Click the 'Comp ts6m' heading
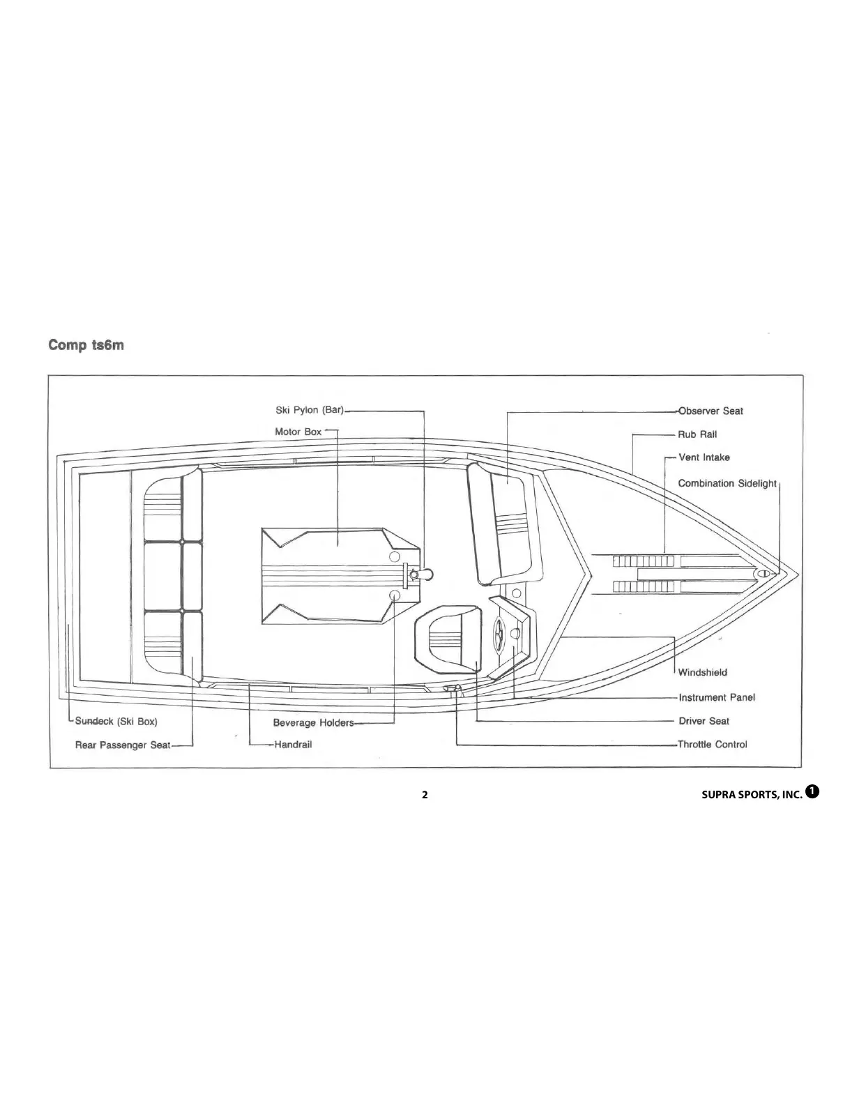[x=86, y=345]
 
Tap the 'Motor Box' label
[x=298, y=432]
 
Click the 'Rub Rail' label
[x=697, y=434]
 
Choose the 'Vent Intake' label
[x=704, y=457]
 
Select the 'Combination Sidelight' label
[x=727, y=483]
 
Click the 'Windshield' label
[x=703, y=672]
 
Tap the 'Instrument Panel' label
[x=717, y=697]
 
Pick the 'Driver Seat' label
[x=704, y=721]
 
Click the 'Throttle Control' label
[x=712, y=745]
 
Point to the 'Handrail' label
[x=294, y=745]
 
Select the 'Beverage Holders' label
[x=313, y=723]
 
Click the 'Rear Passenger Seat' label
[x=123, y=745]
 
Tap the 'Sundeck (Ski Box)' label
[x=116, y=722]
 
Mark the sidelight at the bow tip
[x=762, y=573]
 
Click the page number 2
[x=425, y=795]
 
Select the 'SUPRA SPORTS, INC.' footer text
[x=752, y=795]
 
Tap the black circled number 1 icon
[x=812, y=791]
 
